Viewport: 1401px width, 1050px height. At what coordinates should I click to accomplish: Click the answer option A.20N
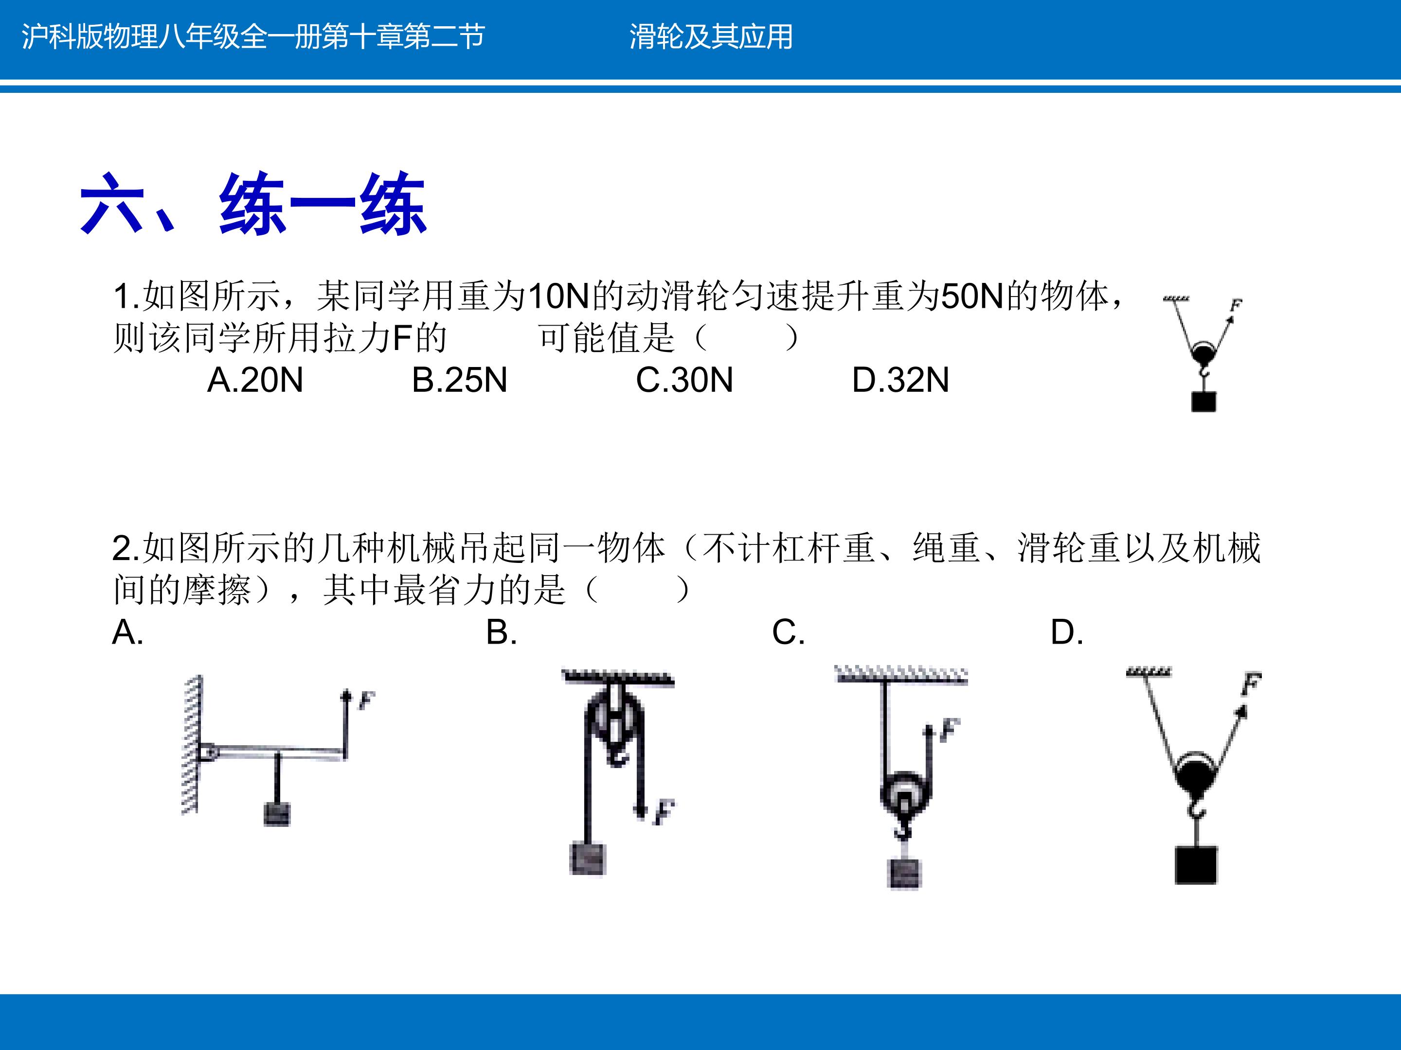point(255,380)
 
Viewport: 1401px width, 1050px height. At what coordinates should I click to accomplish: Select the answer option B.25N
point(460,380)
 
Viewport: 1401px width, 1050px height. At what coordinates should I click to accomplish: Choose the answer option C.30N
point(684,380)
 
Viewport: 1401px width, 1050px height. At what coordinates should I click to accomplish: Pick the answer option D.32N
point(900,380)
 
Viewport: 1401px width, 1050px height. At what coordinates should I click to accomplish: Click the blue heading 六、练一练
point(253,204)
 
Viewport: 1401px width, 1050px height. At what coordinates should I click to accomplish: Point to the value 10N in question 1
point(558,296)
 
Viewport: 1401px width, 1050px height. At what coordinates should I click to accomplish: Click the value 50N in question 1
point(973,296)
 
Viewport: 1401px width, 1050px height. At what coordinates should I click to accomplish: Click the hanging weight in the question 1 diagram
point(1203,402)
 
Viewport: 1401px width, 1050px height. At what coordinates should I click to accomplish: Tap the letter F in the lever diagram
point(366,700)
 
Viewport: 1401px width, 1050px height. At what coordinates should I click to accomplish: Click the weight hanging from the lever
point(277,814)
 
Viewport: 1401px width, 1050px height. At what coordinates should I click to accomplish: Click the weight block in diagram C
point(904,874)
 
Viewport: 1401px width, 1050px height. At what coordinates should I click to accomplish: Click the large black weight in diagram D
point(1196,865)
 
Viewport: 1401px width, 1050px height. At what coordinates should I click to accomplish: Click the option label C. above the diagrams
point(789,632)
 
